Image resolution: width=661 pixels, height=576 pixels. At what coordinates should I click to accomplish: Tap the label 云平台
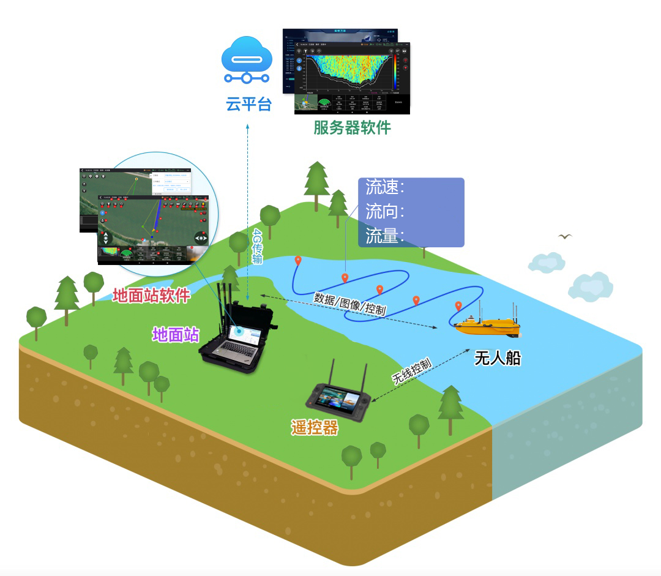248,104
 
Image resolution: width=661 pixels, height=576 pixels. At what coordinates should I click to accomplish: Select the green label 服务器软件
352,127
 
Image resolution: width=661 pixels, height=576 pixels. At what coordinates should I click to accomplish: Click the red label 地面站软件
151,296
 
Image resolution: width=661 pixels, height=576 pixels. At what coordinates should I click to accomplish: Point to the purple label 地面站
176,334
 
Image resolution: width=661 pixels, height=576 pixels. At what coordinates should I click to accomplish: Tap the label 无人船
498,358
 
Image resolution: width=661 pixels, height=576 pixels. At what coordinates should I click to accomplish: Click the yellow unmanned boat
487,326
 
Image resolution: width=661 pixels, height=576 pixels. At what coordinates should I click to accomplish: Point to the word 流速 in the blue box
383,187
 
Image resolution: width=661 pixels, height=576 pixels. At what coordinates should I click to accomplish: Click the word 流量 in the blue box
383,236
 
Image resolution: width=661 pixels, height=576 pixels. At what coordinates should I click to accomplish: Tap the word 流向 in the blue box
383,212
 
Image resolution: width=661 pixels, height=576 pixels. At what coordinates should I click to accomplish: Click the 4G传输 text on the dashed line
258,247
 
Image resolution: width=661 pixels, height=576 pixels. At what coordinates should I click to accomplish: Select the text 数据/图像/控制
349,304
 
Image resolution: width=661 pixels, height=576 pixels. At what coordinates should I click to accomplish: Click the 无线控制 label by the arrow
411,370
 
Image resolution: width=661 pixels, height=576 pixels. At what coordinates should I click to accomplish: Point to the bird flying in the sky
565,236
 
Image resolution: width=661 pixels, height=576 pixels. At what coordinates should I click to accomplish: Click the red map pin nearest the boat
458,305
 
